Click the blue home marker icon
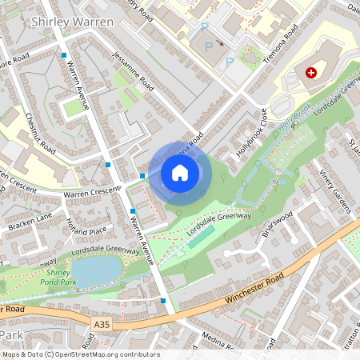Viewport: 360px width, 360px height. (x=180, y=172)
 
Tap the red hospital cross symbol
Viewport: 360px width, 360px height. (x=311, y=72)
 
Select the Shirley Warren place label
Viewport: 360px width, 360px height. (x=71, y=22)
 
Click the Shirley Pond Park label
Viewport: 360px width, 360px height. (x=59, y=278)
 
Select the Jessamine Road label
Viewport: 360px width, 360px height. (x=134, y=81)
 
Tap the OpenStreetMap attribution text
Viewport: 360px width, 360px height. (x=80, y=354)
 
